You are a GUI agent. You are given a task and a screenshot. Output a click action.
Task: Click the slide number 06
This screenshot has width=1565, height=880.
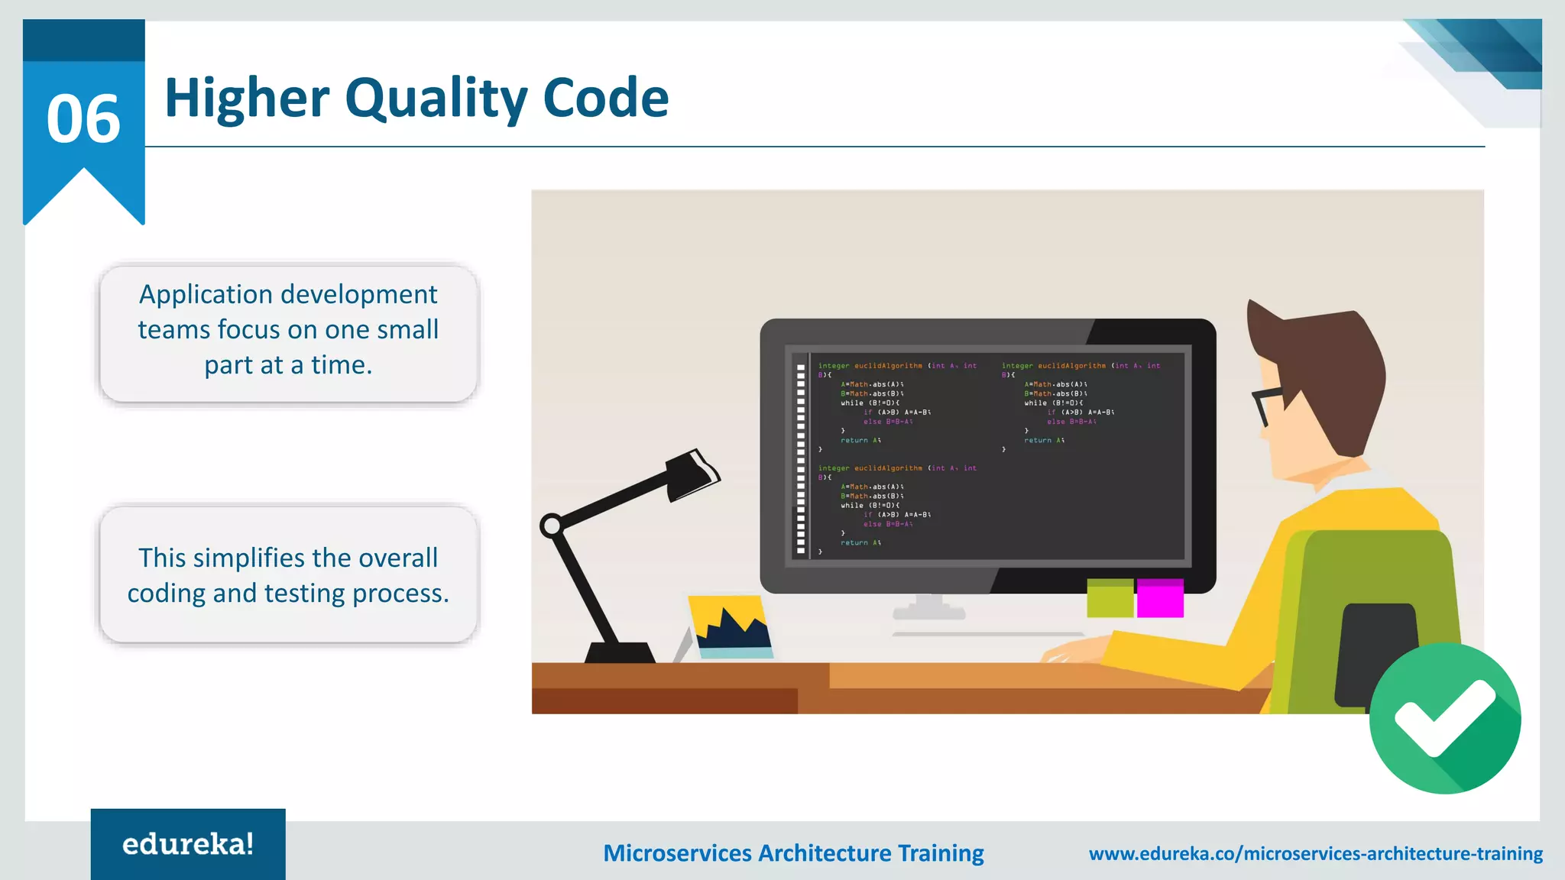[x=83, y=119]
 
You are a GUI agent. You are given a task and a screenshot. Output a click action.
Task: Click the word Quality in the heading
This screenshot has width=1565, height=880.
[x=436, y=99]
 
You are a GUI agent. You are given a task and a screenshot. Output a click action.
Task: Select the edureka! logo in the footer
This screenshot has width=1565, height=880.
[x=188, y=844]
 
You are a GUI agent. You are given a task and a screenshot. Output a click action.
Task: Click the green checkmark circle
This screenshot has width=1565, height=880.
[x=1444, y=718]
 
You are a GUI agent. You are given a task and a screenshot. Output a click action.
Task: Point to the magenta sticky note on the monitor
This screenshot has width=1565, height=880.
[x=1159, y=598]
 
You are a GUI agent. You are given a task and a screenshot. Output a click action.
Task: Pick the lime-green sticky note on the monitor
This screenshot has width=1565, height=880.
[x=1110, y=598]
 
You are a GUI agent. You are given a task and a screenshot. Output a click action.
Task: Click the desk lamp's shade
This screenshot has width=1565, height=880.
[x=692, y=474]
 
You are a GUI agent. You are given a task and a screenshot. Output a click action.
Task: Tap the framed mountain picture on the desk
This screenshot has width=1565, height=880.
[x=731, y=627]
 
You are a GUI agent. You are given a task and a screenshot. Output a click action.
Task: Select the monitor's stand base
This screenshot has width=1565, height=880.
[x=929, y=611]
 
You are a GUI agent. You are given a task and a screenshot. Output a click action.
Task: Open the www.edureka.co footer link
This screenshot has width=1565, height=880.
[x=1315, y=853]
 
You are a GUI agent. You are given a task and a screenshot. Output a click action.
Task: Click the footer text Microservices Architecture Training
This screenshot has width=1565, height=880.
[x=793, y=853]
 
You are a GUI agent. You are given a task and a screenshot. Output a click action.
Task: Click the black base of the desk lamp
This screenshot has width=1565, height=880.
[x=620, y=653]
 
